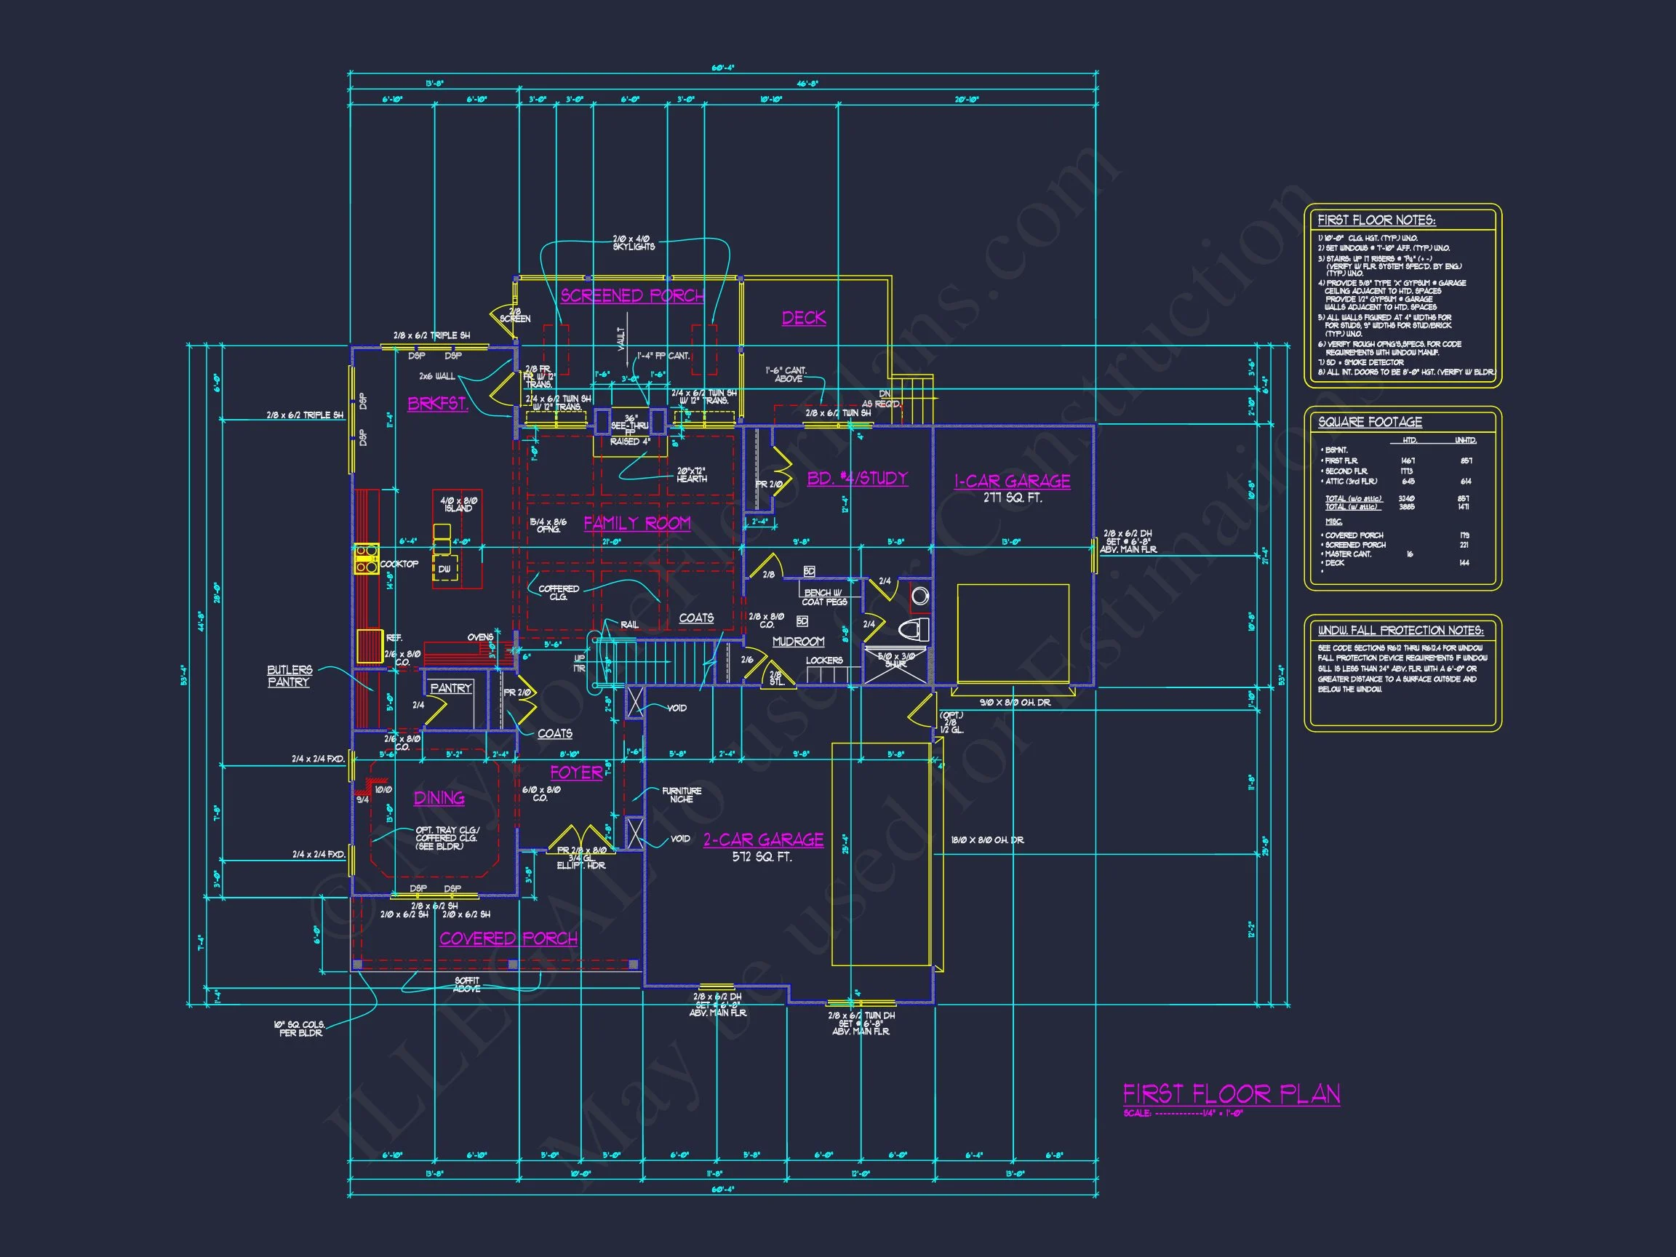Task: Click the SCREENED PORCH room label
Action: (632, 295)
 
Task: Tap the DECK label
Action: (803, 318)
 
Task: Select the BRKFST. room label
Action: (437, 404)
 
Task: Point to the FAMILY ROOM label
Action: (637, 523)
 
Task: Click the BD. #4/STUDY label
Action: (857, 478)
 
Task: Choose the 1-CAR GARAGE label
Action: (1012, 481)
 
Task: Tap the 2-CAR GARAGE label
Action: (763, 839)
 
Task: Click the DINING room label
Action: (439, 798)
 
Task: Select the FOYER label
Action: (576, 773)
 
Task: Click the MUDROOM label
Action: (798, 642)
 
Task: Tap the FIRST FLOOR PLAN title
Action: (1232, 1094)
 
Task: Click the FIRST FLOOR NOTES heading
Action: (1376, 220)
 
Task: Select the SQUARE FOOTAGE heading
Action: (1370, 422)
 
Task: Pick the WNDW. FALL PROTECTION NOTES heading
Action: (1400, 631)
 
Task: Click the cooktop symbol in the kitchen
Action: (367, 559)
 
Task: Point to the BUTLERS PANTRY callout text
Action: (289, 676)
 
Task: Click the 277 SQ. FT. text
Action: (1013, 498)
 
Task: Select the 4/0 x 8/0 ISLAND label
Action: (458, 505)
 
